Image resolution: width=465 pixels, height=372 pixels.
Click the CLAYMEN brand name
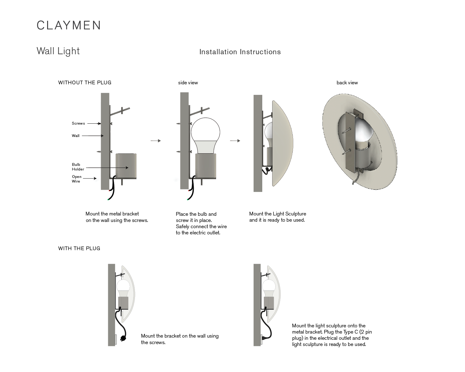[x=69, y=25]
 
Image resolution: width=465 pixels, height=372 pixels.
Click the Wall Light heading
[x=58, y=51]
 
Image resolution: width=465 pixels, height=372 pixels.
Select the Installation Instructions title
[x=240, y=52]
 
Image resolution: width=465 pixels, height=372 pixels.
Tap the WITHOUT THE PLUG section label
[x=85, y=82]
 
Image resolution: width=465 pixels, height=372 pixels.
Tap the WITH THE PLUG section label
[x=79, y=248]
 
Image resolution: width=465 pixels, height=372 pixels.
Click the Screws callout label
[x=78, y=123]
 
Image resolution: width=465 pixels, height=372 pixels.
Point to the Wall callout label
[x=76, y=136]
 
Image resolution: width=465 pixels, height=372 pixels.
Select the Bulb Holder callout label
[x=78, y=167]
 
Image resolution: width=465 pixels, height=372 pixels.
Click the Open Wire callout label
[x=77, y=179]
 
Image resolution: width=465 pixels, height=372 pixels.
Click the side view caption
[x=188, y=82]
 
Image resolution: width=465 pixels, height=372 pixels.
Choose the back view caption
[x=347, y=82]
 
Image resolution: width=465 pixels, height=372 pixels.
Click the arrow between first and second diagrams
[x=156, y=141]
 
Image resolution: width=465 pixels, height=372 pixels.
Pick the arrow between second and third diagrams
[x=235, y=141]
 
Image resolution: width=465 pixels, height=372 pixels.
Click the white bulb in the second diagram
[x=205, y=132]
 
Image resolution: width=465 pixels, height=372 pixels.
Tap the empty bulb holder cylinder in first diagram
[x=126, y=166]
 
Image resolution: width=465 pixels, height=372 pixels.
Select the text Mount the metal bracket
[x=112, y=214]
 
